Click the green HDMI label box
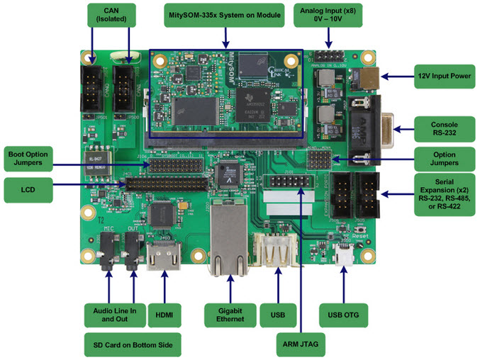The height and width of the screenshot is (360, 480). pyautogui.click(x=164, y=314)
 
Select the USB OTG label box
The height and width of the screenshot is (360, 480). pyautogui.click(x=344, y=314)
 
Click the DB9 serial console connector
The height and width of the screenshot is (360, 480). pyautogui.click(x=371, y=130)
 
